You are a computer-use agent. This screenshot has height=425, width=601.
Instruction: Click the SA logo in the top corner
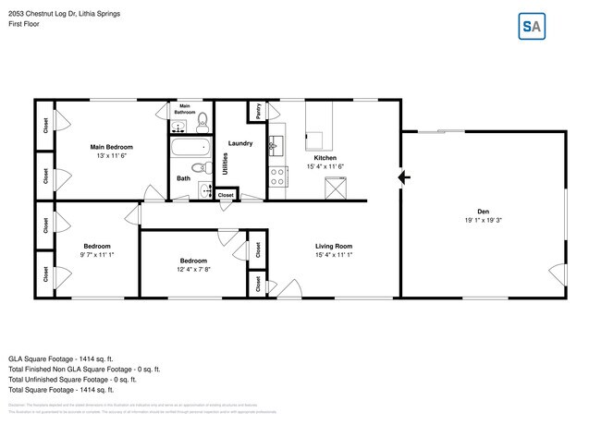point(532,27)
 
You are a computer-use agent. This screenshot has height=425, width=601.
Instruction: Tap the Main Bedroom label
point(111,147)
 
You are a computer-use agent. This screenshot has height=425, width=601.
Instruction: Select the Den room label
point(483,212)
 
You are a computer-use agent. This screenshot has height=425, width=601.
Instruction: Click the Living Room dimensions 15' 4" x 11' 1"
point(334,254)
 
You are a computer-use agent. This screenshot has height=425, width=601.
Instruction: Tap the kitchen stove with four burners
point(276,176)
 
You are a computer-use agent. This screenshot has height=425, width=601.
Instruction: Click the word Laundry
point(240,143)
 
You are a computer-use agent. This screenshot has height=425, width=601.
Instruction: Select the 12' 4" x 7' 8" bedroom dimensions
point(193,269)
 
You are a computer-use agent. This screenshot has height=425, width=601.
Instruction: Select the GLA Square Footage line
point(60,358)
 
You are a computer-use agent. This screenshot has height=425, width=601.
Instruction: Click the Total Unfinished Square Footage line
point(72,379)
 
